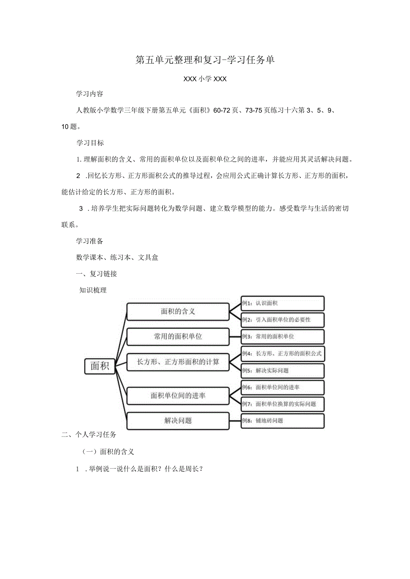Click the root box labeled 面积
pos(100,366)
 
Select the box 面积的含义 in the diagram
pos(178,311)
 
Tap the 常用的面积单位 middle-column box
pos(178,336)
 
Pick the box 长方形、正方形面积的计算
pos(178,362)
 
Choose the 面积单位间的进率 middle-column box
pos(178,395)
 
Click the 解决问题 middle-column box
pos(178,421)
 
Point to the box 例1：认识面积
pos(283,303)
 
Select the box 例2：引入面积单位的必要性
pos(283,320)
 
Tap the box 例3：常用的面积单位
pos(283,336)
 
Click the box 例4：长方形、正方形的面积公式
pos(283,354)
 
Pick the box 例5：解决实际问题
pos(283,370)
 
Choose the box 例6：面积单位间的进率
pos(283,387)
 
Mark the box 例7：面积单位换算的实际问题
pos(283,404)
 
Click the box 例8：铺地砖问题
pos(283,421)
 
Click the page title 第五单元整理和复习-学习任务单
pos(205,60)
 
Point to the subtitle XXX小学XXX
pos(205,79)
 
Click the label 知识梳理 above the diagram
pos(93,290)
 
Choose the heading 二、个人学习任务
pos(89,435)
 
